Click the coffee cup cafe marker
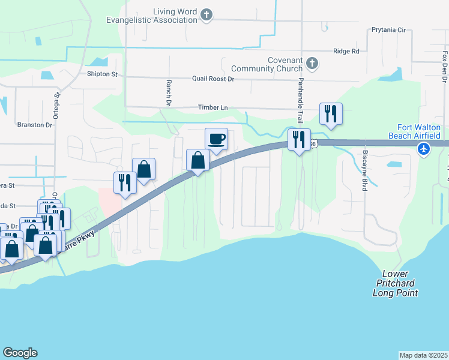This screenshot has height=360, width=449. (x=216, y=139)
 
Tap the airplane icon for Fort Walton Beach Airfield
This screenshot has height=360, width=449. (x=425, y=148)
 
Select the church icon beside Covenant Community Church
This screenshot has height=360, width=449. (x=312, y=63)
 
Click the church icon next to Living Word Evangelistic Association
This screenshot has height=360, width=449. (x=206, y=14)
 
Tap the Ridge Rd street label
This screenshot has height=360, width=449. (x=346, y=52)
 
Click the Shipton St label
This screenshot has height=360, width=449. (x=102, y=74)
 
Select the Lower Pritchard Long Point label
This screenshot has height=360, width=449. (x=395, y=283)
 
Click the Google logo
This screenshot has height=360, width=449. (x=20, y=353)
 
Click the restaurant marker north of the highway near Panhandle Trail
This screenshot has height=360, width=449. (x=331, y=113)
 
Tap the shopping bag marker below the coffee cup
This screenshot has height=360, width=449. (x=197, y=160)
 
